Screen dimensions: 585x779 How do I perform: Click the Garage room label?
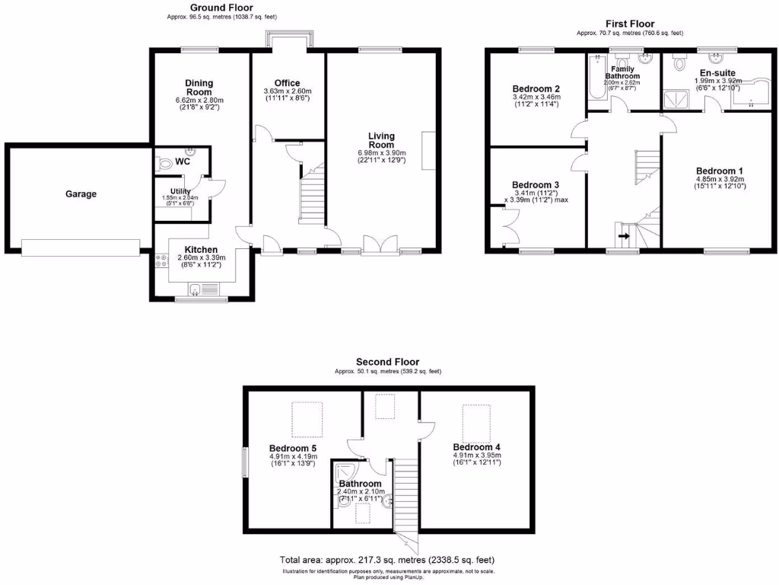coord(81,194)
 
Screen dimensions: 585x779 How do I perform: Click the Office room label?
coord(287,83)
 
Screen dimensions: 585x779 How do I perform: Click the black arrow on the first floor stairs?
coord(624,236)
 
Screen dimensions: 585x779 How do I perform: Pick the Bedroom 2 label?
coord(536,88)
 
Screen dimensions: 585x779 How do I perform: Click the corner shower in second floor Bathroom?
coord(343,472)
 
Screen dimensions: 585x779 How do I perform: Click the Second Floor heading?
coord(387,362)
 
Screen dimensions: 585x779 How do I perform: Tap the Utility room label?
coord(180,191)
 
